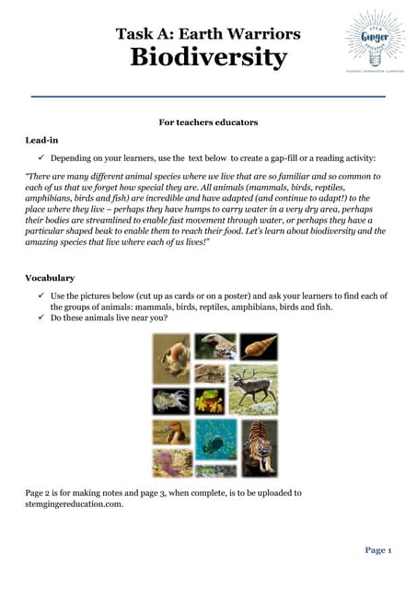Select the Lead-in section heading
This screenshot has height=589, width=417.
[42, 140]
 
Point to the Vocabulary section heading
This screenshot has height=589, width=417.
[50, 277]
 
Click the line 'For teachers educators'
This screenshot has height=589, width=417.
[208, 121]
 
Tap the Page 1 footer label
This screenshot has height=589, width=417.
[378, 549]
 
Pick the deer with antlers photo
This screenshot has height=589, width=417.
[252, 389]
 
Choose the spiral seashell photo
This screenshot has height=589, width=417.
[258, 347]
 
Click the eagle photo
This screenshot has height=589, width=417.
[214, 348]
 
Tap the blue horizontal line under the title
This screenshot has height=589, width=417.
[208, 96]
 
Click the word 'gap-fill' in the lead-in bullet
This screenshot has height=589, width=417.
[288, 158]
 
